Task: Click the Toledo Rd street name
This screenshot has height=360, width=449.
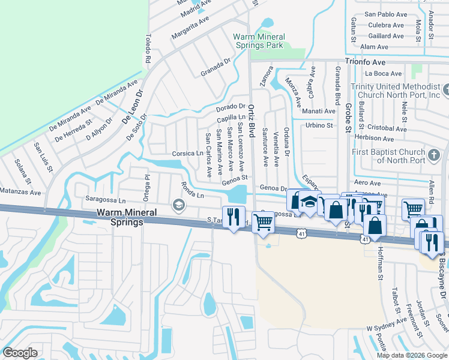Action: coord(147,48)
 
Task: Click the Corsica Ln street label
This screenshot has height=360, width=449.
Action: coord(187,154)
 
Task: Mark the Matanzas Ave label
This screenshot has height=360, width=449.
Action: coord(20,193)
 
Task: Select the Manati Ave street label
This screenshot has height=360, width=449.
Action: coord(319,111)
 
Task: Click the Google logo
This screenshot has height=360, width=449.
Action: coord(20,353)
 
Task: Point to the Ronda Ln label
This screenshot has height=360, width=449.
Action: coord(193,191)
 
